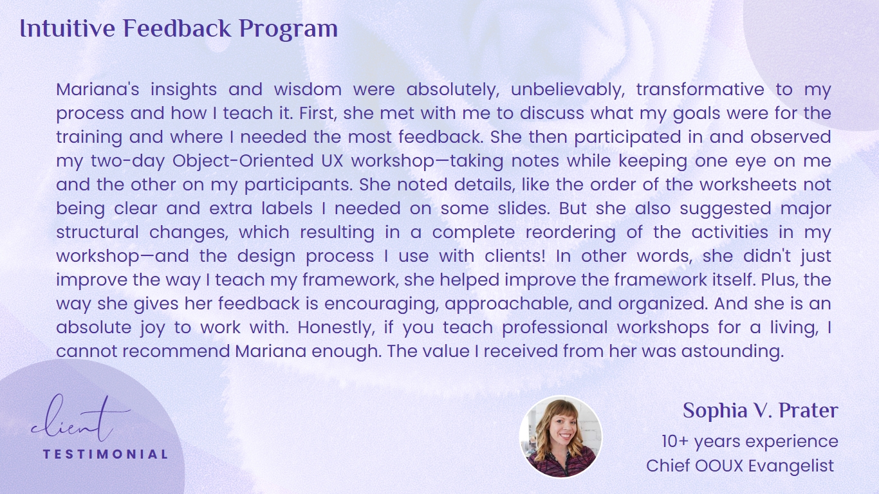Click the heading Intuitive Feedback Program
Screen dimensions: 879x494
coord(178,29)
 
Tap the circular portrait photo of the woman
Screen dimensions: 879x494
coord(560,437)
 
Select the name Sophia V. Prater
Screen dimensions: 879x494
coord(761,411)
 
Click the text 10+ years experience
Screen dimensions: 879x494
coord(750,442)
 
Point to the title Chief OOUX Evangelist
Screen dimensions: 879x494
coord(740,466)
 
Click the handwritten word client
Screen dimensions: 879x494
coord(80,419)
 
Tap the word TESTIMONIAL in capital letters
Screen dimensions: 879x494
coord(106,454)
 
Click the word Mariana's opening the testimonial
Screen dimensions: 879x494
coord(98,89)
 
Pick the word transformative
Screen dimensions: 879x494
coord(700,89)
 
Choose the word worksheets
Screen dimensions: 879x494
coord(748,185)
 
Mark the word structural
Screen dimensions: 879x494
coord(97,232)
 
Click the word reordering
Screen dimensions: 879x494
coord(571,233)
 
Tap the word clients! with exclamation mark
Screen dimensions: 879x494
coord(515,256)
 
